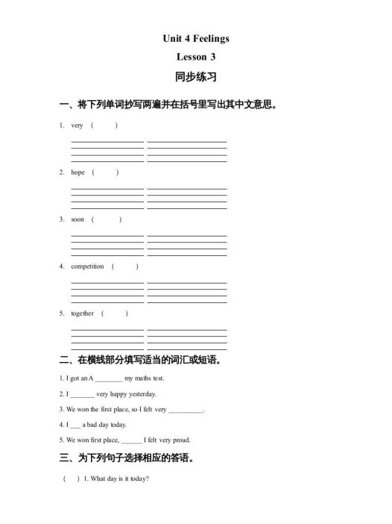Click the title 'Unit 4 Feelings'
196,38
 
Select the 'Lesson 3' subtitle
196,57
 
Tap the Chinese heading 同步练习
195,77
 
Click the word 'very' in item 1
77,125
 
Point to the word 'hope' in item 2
78,172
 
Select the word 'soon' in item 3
78,219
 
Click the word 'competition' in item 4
87,266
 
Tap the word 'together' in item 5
82,314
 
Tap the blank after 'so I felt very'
186,410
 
